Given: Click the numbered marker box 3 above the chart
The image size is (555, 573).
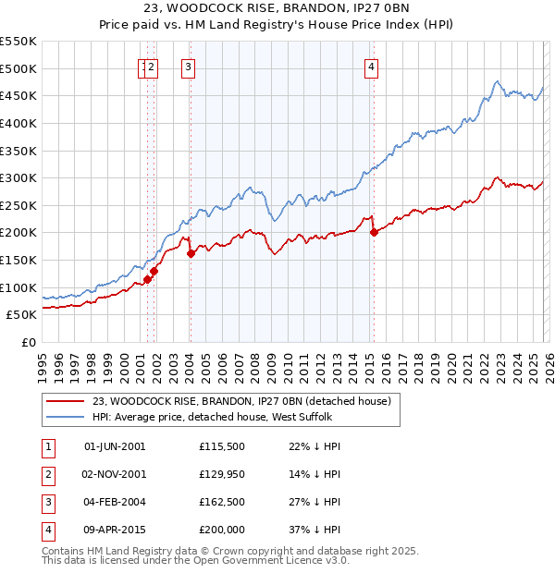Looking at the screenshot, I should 188,66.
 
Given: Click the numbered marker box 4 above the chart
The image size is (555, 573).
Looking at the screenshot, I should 371,66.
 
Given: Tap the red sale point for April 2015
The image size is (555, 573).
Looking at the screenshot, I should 374,232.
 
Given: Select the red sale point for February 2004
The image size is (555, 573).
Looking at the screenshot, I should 191,252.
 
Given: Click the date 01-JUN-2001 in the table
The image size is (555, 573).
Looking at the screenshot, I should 115,446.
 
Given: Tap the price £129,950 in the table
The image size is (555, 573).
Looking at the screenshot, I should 222,474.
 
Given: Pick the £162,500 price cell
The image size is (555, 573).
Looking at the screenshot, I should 222,502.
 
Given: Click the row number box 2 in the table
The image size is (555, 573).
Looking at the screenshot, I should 47,474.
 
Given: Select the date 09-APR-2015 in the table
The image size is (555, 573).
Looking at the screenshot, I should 115,530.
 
